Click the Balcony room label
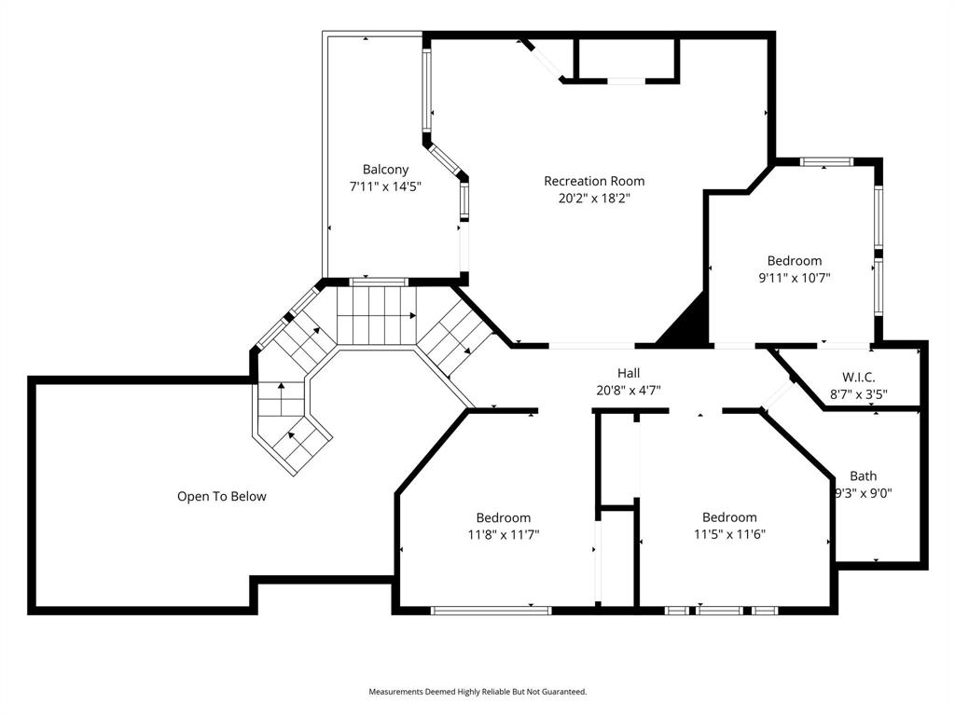coord(385,170)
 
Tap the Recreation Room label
coord(594,181)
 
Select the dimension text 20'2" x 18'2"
coord(594,198)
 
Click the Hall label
coord(629,374)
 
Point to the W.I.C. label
coord(857,378)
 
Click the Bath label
coord(863,476)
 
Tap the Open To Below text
coord(222,497)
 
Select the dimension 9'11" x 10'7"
coord(794,278)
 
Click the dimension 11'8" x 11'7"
coord(504,535)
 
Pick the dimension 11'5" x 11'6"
coord(729,535)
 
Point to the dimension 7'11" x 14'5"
coord(385,186)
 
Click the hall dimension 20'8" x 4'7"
coord(629,391)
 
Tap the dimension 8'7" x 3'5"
coord(857,394)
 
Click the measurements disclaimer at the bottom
coord(477,692)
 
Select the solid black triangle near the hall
coord(686,323)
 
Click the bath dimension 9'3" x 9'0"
coord(863,494)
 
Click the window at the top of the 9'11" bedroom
coord(826,162)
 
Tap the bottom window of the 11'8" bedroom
coord(491,611)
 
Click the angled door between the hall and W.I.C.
coord(775,398)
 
